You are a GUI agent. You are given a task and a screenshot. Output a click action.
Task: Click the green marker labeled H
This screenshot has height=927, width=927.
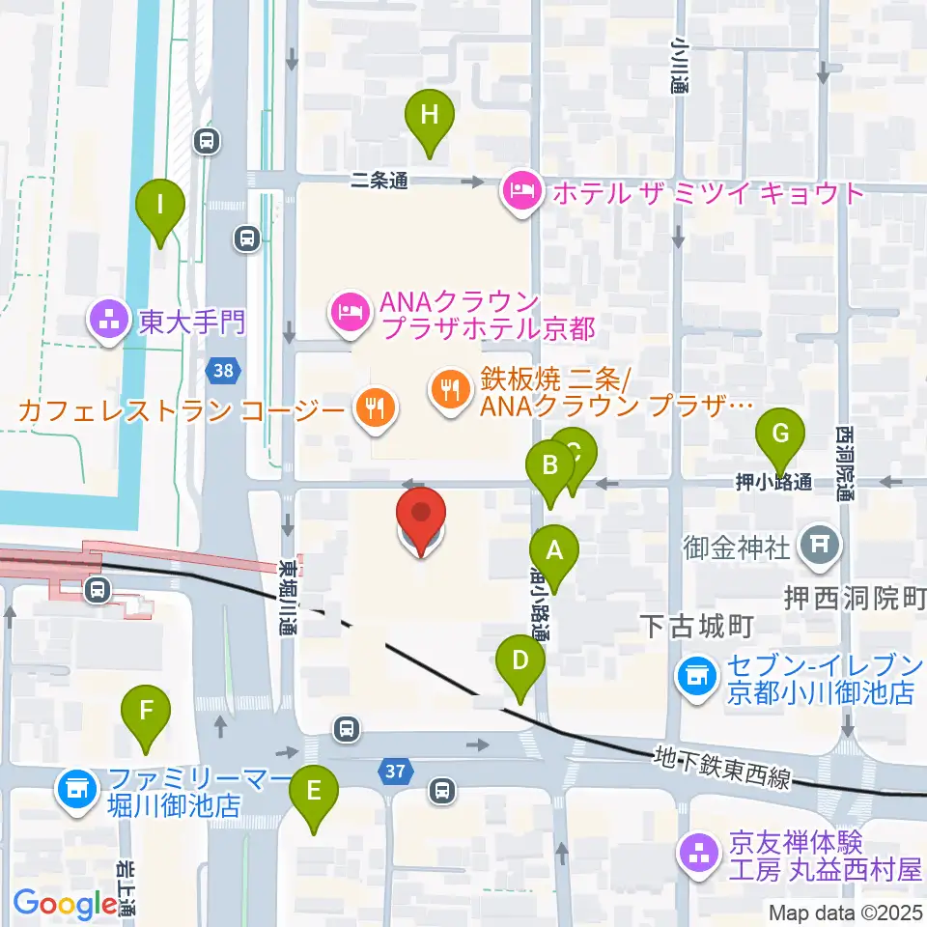pyautogui.click(x=430, y=116)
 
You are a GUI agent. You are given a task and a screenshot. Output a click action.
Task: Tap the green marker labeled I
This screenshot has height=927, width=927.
pyautogui.click(x=160, y=206)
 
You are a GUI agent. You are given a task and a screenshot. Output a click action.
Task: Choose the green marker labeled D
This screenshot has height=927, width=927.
pyautogui.click(x=520, y=662)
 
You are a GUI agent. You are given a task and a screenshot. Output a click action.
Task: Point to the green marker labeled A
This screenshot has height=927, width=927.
pyautogui.click(x=554, y=551)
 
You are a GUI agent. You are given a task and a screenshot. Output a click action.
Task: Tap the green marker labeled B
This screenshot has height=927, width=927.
pyautogui.click(x=550, y=466)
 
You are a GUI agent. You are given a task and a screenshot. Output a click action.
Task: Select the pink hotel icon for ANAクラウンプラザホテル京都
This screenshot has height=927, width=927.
pyautogui.click(x=347, y=311)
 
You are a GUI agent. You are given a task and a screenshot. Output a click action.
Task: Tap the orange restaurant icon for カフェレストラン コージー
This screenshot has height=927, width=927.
pyautogui.click(x=373, y=408)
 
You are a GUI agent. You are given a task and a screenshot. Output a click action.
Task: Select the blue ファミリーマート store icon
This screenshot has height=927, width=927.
pyautogui.click(x=76, y=791)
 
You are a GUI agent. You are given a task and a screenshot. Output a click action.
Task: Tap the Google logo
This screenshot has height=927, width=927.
pyautogui.click(x=66, y=904)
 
